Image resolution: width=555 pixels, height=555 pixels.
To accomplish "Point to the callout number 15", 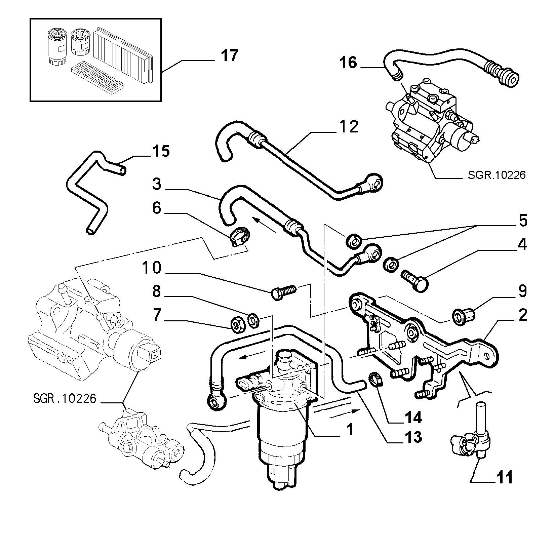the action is click(160, 151).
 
